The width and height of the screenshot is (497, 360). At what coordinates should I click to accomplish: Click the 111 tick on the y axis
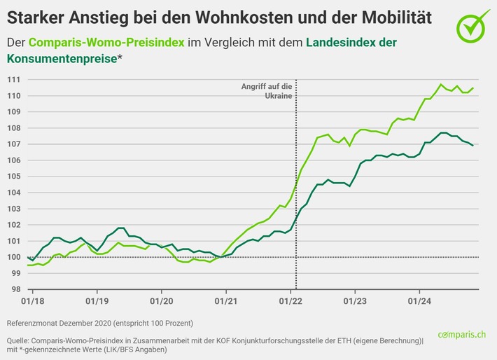click(13, 79)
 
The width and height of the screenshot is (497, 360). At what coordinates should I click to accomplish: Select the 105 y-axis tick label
click(13, 176)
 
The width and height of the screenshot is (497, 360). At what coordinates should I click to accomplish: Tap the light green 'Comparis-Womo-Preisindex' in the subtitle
click(107, 43)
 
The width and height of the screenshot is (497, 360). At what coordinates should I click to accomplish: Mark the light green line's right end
click(474, 88)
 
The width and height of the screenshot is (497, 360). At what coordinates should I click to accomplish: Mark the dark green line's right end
click(474, 146)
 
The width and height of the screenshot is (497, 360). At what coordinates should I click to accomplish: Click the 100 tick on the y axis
click(13, 257)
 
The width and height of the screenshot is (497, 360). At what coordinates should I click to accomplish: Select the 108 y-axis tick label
click(13, 128)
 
